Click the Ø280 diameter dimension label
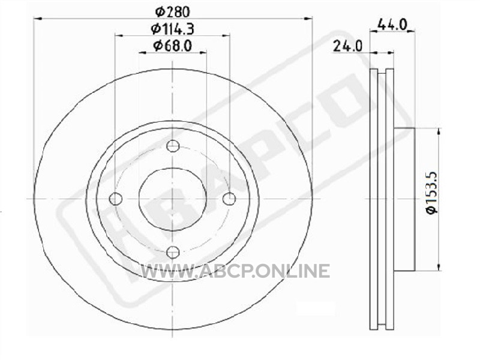173,12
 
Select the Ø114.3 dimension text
173,29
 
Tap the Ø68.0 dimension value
173,46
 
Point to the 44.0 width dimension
392,24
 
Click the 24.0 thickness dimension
347,47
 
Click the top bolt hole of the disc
173,146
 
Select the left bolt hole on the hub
116,199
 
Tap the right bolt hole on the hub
229,199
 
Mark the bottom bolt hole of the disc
173,252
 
